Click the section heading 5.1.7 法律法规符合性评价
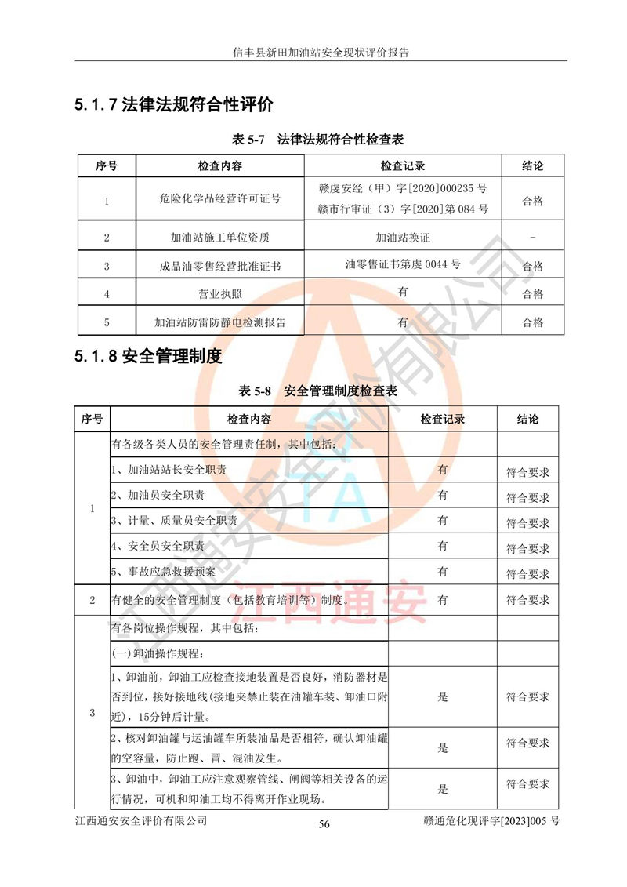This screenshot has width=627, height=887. [173, 104]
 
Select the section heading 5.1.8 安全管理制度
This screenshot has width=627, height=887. [148, 357]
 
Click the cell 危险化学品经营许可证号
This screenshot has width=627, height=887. [219, 199]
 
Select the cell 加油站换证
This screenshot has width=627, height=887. [403, 237]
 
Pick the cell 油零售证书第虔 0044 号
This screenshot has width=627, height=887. [403, 264]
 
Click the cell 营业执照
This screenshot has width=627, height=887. [219, 293]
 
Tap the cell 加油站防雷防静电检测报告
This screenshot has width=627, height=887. [219, 322]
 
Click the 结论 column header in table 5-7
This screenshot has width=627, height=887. [532, 166]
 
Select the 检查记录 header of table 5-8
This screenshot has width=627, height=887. [443, 419]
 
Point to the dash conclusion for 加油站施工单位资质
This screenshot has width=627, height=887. [532, 237]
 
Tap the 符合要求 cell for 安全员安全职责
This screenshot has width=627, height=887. [527, 548]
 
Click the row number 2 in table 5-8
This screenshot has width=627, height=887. [92, 600]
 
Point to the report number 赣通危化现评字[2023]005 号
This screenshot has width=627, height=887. [491, 820]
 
